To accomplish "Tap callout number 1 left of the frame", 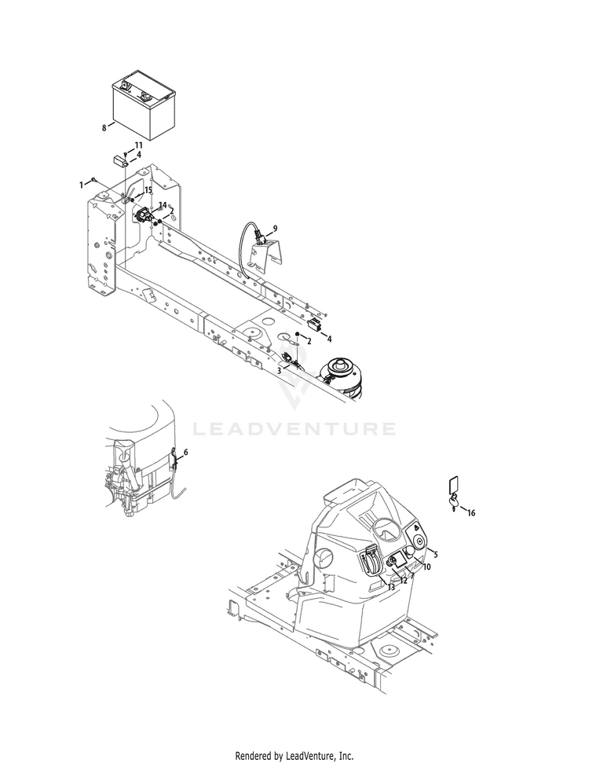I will (x=81, y=184).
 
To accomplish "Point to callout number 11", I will (x=138, y=145).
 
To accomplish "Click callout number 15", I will (x=148, y=190).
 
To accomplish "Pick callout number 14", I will (x=163, y=205).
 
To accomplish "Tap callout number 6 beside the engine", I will (x=185, y=453).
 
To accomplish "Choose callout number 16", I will (x=471, y=513).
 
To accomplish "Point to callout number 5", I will (x=436, y=554).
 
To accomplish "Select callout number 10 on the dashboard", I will (x=427, y=567).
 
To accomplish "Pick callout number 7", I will (x=412, y=575).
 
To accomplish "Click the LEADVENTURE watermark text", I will (x=294, y=429).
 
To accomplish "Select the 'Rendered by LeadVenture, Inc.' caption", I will (x=294, y=756).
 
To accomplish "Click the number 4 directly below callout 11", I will (x=138, y=155).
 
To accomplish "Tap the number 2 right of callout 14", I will (x=171, y=211).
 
